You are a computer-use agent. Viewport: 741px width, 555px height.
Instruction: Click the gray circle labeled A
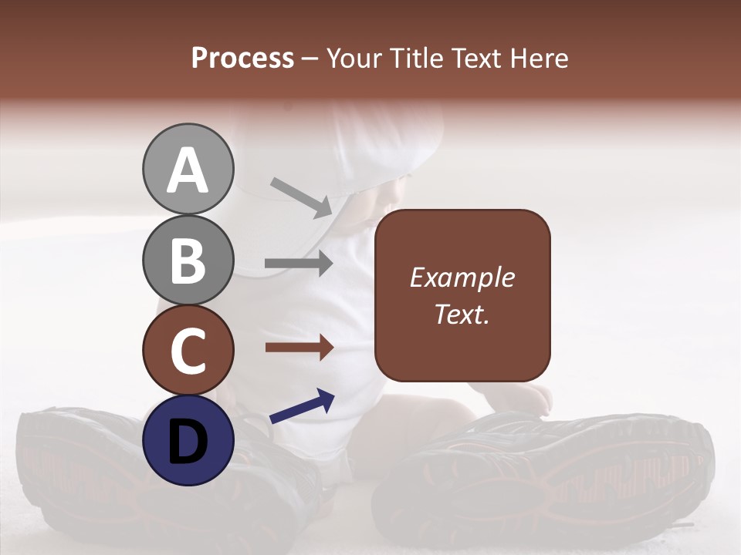(x=188, y=170)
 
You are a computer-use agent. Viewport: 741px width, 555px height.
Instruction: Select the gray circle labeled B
(x=188, y=260)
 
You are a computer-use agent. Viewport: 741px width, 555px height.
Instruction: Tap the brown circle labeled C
(x=188, y=350)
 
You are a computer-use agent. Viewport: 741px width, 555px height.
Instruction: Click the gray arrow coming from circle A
(x=301, y=196)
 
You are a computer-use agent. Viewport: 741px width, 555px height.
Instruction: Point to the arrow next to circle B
(x=299, y=264)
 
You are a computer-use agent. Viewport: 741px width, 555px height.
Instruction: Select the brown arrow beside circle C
(x=299, y=348)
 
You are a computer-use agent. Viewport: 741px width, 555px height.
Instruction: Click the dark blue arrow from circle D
(x=302, y=406)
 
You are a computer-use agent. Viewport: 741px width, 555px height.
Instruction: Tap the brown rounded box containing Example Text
(x=462, y=295)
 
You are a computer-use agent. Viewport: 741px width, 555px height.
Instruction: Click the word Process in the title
(x=242, y=58)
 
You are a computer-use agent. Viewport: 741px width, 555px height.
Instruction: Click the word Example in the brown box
(x=462, y=278)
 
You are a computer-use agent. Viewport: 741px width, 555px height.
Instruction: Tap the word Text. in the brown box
(x=462, y=314)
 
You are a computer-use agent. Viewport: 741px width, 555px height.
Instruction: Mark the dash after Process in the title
(x=310, y=59)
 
